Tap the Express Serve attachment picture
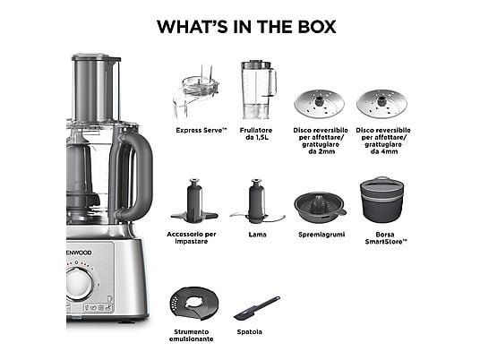coord(196,92)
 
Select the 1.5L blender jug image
coord(259,90)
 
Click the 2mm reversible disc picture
coord(320,104)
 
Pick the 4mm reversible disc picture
coord(381,104)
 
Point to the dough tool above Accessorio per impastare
coord(194,201)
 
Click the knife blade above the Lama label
coord(257,201)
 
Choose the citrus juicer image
coord(320,208)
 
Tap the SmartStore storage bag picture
coord(381,200)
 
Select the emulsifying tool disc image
coord(194,304)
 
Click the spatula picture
coord(256,308)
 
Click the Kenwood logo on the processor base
coord(79,253)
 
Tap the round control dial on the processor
coord(80,284)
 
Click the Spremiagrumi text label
coord(321,235)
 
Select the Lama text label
coord(257,235)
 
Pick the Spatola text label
coord(250,332)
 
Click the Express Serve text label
coord(201,130)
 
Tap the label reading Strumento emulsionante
coord(192,336)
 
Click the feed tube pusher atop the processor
coord(96,88)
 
